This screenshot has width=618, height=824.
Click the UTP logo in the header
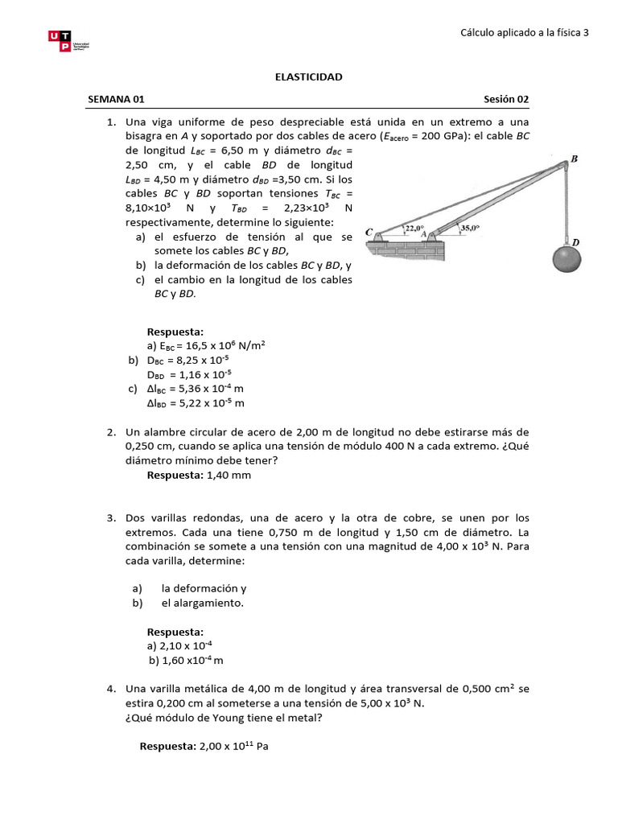point(71,42)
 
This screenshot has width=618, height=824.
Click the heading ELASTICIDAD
point(309,76)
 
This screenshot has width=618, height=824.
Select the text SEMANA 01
point(116,99)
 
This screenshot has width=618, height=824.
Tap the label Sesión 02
point(506,99)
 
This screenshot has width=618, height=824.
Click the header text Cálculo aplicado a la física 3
point(525,32)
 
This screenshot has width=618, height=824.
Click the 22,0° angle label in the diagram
point(414,229)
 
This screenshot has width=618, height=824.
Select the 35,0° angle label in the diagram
point(470,229)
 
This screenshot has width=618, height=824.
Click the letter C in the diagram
point(369,232)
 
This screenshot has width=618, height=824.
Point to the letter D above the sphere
point(575,241)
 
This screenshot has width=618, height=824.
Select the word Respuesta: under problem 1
point(175,331)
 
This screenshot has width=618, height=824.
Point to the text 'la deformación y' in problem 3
point(204,588)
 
